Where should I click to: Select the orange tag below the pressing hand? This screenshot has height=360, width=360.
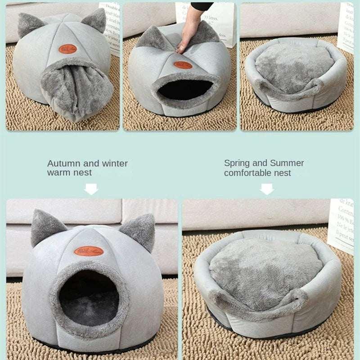pos(183,65)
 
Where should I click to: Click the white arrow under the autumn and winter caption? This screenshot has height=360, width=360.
pos(91,189)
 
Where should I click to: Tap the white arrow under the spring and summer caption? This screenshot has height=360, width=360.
pos(267,189)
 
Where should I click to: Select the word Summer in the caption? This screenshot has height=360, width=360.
pos(287,163)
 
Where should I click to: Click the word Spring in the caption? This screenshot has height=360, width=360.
pos(237,163)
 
